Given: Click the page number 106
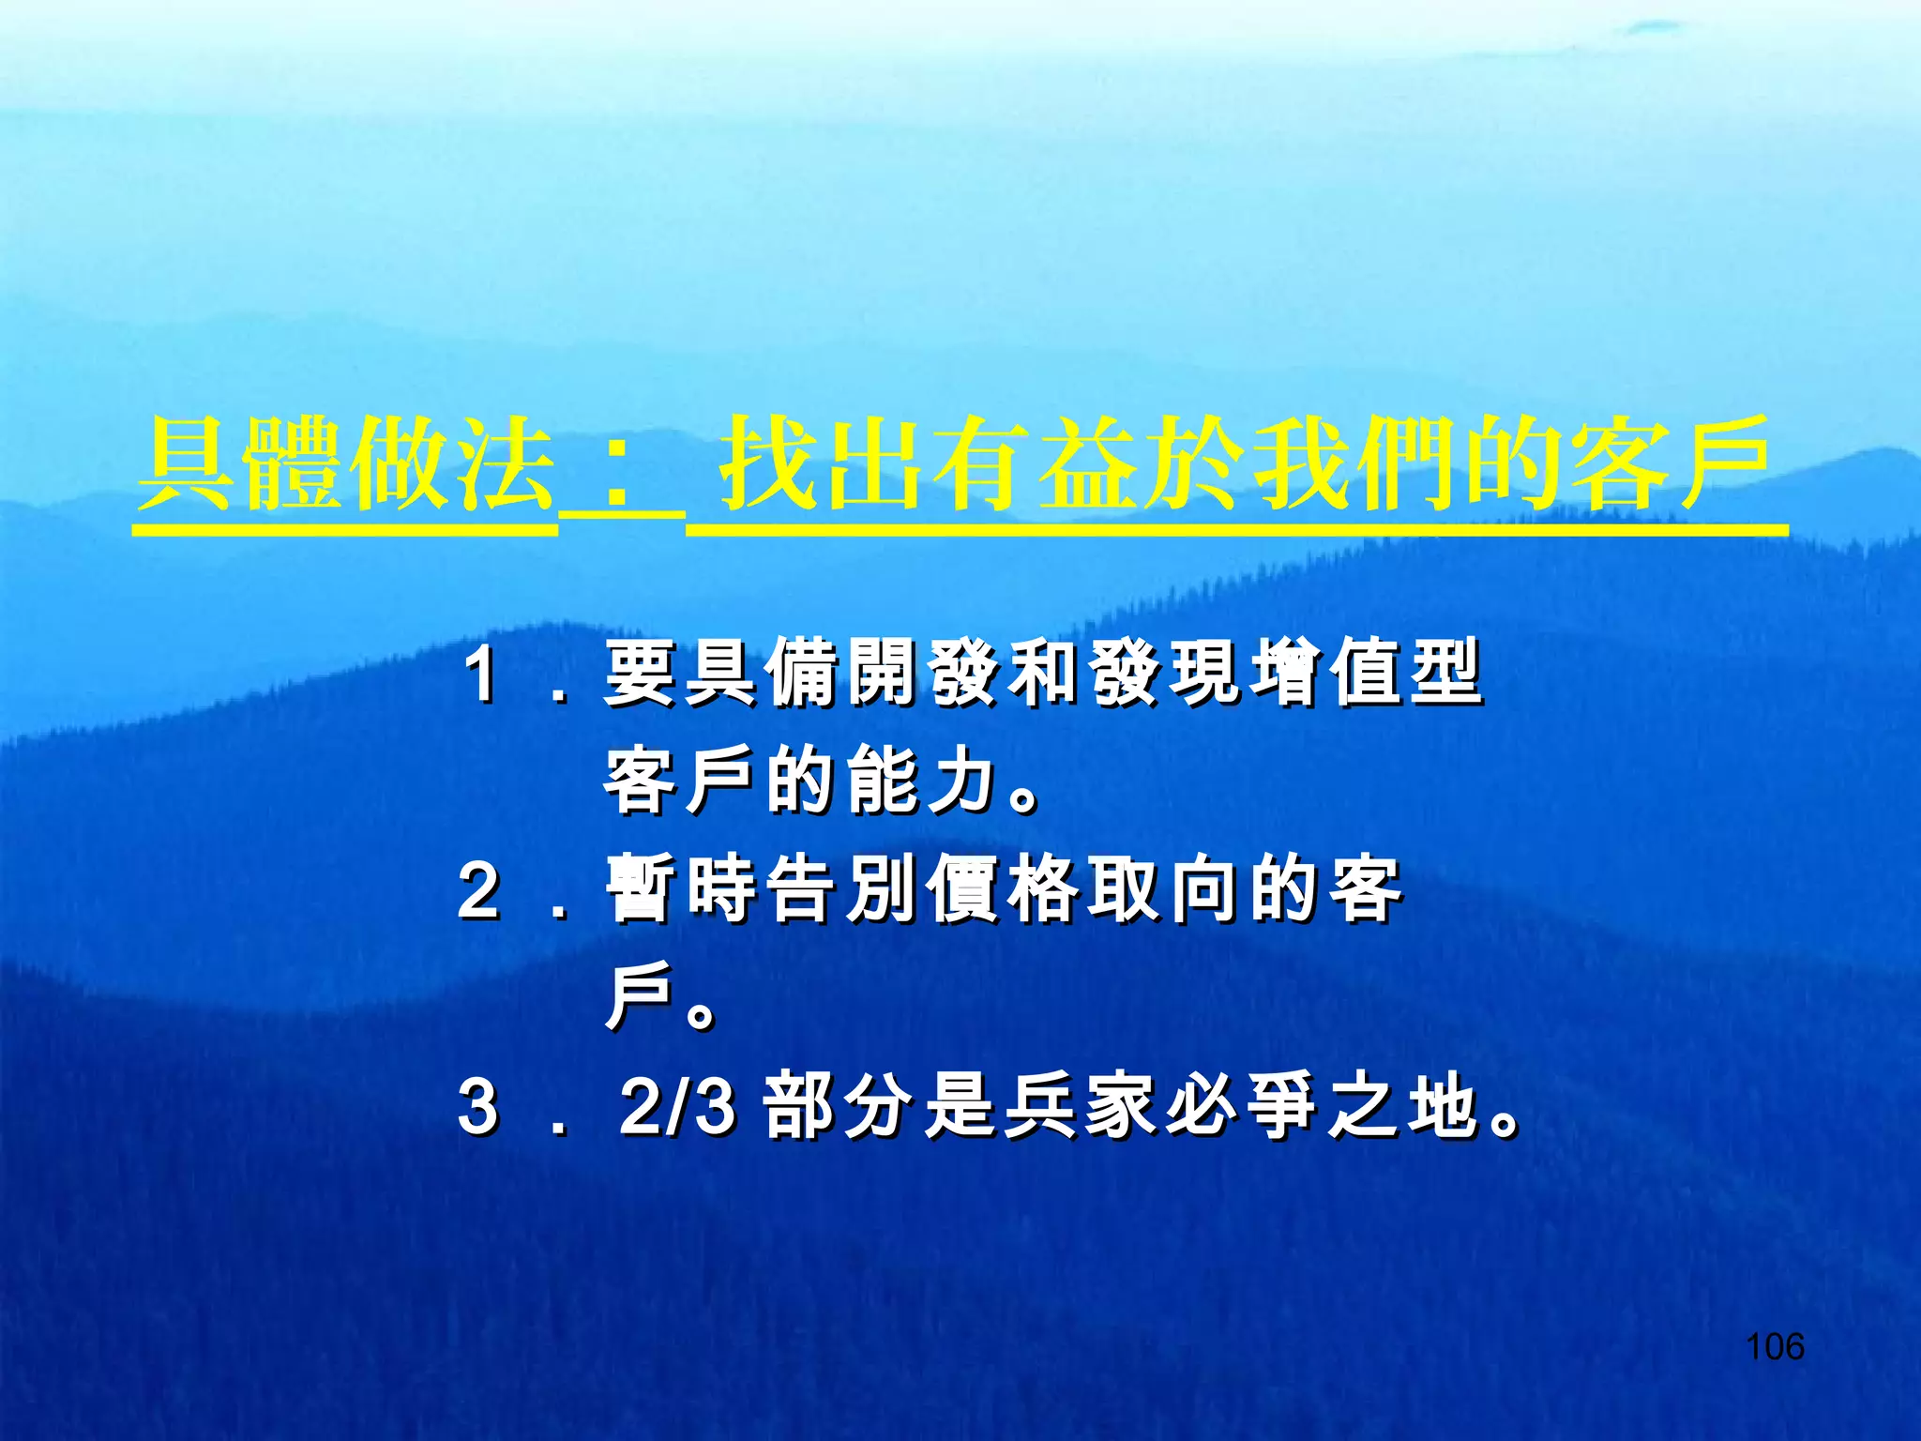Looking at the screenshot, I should click(x=1775, y=1347).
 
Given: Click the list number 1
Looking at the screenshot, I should click(x=481, y=674).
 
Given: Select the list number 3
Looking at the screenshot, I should click(x=478, y=1107).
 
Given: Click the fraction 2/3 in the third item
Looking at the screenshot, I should click(x=677, y=1107).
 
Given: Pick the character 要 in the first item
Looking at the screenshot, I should click(x=640, y=673).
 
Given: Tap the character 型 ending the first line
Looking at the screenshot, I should click(x=1446, y=673).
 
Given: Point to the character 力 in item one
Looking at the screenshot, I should click(x=961, y=781).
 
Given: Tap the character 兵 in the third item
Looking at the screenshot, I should click(x=1042, y=1107).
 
